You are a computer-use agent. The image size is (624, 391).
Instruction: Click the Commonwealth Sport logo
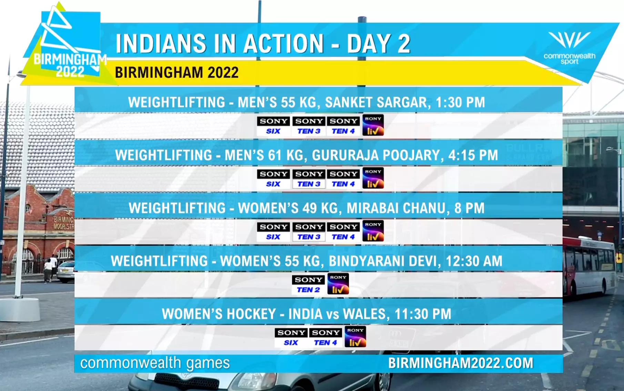[569, 48]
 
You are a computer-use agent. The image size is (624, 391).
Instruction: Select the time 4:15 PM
[473, 155]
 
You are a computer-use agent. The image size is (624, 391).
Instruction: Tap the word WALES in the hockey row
[366, 314]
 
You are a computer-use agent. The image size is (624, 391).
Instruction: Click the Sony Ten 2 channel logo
[309, 284]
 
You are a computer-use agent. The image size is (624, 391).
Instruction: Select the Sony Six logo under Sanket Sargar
[273, 126]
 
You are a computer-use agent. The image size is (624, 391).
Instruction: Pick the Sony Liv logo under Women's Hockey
[355, 337]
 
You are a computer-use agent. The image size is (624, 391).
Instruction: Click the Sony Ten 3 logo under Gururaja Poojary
[309, 179]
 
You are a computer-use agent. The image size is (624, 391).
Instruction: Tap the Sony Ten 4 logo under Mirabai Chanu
[343, 231]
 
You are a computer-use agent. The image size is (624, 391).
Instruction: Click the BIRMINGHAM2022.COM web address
[461, 363]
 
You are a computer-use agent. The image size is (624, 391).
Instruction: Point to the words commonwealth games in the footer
[155, 363]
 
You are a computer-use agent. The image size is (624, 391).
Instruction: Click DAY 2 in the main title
[378, 44]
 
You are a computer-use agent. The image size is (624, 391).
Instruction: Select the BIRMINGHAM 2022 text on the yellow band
[177, 73]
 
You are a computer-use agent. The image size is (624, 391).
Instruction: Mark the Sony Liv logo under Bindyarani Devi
[338, 284]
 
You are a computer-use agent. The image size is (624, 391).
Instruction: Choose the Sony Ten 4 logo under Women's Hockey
[325, 337]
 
